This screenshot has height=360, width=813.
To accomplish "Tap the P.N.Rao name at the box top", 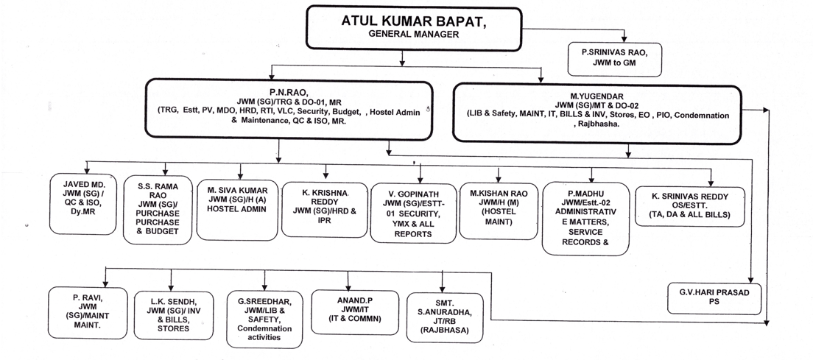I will [286, 93].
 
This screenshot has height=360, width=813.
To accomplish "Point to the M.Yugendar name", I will [597, 96].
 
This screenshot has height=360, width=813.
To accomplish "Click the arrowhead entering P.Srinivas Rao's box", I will [624, 39].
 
